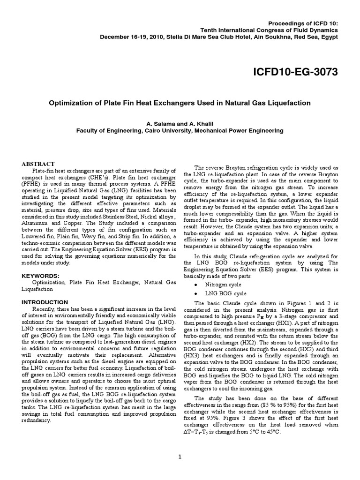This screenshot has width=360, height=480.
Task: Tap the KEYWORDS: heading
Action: (x=41, y=276)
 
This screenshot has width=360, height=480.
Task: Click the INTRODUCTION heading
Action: (x=45, y=302)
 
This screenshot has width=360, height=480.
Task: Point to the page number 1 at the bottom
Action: (x=180, y=458)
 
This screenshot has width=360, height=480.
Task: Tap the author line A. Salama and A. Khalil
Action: (x=180, y=124)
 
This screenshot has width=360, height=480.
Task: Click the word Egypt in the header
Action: (x=328, y=38)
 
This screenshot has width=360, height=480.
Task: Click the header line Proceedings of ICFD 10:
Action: (x=305, y=22)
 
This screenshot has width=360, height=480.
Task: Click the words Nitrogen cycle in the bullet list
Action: (x=223, y=284)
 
